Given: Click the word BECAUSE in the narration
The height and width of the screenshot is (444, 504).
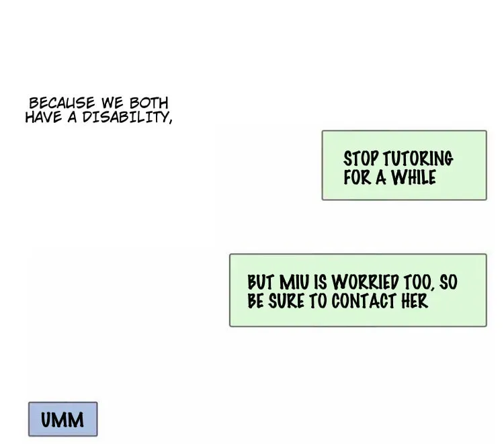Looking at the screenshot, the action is pyautogui.click(x=62, y=103).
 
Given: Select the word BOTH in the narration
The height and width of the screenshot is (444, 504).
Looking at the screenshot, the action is pyautogui.click(x=149, y=103).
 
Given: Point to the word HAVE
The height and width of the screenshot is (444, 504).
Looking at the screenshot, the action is pyautogui.click(x=44, y=117).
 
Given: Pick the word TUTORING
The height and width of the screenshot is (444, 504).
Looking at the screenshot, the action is pyautogui.click(x=418, y=159).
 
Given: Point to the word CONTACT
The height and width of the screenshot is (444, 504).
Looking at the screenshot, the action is pyautogui.click(x=364, y=301).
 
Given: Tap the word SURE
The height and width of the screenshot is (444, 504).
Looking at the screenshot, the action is pyautogui.click(x=286, y=301).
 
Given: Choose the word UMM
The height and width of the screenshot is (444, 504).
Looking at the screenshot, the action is pyautogui.click(x=62, y=420).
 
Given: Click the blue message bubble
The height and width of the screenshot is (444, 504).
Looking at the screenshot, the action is pyautogui.click(x=63, y=419).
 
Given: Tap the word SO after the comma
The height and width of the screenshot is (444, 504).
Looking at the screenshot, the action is pyautogui.click(x=448, y=282).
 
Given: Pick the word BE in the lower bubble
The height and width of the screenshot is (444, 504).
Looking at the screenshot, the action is pyautogui.click(x=256, y=301).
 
